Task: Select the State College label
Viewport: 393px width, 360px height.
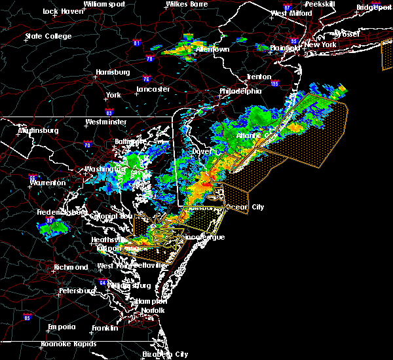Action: pyautogui.click(x=48, y=36)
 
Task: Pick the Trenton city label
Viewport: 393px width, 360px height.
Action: pyautogui.click(x=259, y=77)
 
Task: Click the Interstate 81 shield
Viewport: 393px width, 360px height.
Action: pyautogui.click(x=136, y=43)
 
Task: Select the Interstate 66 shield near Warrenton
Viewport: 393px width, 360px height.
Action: pyautogui.click(x=32, y=177)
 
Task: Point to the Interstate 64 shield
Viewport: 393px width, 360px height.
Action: pyautogui.click(x=103, y=283)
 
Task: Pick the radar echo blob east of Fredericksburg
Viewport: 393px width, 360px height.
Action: pyautogui.click(x=57, y=226)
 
